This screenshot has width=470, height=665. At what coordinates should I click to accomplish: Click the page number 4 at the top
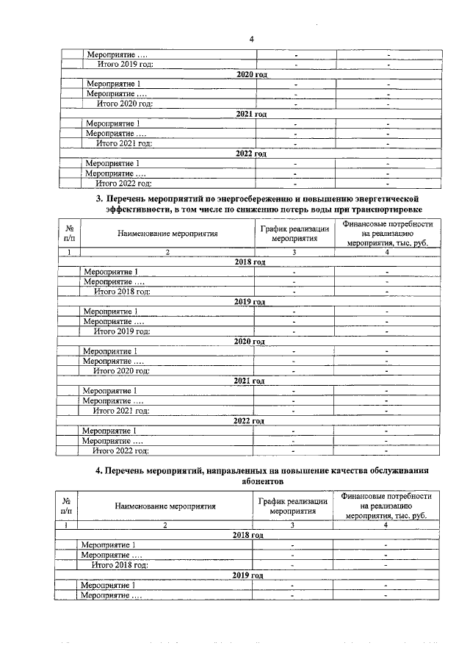tap(251, 39)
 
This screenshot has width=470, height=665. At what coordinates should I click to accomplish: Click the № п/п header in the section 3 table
tap(68, 234)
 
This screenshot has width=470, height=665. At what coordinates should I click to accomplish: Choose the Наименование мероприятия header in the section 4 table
tap(164, 506)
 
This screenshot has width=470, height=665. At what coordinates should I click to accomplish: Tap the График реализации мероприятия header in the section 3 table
tap(294, 234)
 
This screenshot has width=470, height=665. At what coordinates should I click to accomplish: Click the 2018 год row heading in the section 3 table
tap(250, 262)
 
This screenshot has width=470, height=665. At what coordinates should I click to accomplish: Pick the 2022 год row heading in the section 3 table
tap(250, 420)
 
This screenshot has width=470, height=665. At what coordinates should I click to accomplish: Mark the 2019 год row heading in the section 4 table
tap(247, 575)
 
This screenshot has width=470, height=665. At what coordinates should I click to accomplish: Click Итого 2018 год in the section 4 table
tap(120, 565)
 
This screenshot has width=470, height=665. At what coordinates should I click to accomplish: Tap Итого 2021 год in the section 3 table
tap(121, 411)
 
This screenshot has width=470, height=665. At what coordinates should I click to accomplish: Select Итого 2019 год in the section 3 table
tap(121, 331)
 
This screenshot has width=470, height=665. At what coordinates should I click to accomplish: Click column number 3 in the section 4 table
tap(292, 525)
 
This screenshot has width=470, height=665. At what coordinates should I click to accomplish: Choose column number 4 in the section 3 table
tap(386, 252)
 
